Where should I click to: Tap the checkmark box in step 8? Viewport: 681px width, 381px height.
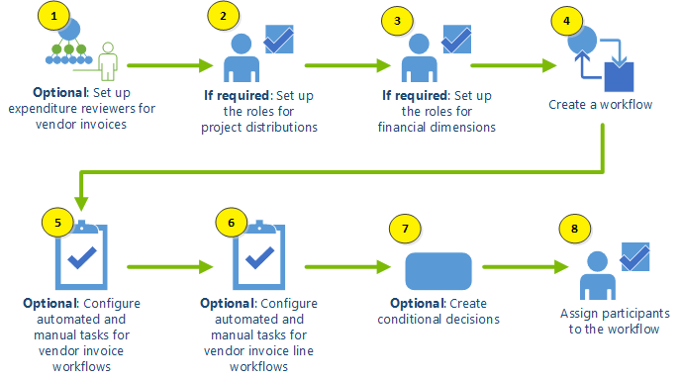[633, 257]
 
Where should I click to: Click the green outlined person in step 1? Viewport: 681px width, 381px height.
[108, 63]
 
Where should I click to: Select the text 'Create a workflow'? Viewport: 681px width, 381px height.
[601, 104]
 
